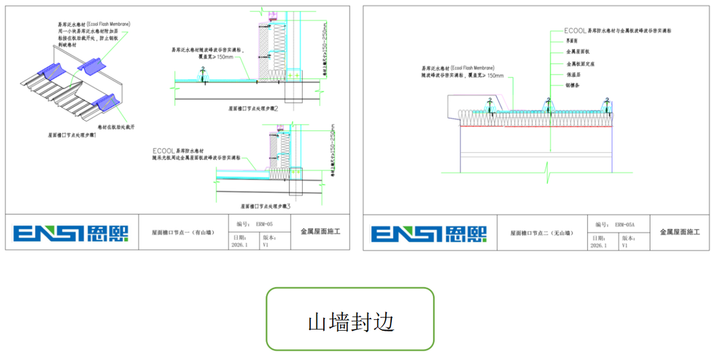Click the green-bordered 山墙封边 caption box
coord(350,319)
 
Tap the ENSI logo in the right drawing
coord(429,233)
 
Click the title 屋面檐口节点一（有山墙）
coord(183,233)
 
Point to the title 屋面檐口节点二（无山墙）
coord(541,233)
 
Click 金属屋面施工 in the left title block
coord(320,232)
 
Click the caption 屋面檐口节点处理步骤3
coord(265,206)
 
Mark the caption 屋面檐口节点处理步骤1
coord(72,136)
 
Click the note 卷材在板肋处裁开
coord(116,127)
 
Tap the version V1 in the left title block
coord(266,246)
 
